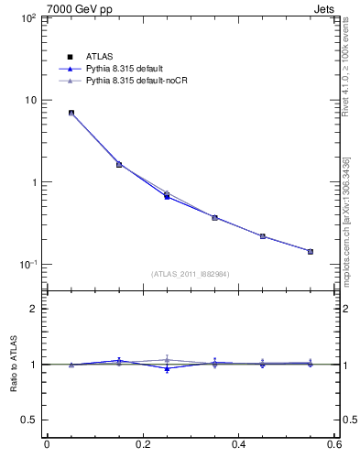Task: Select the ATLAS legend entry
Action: (100, 58)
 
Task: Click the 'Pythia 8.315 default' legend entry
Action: (125, 70)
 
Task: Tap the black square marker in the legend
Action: (71, 58)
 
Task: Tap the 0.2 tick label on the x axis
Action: (142, 445)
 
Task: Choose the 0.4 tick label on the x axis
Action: (239, 445)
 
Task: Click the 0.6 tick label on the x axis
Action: (334, 445)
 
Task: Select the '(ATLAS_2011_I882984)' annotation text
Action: (191, 274)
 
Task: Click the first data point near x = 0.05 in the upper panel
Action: (71, 113)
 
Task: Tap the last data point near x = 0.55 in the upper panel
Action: (310, 251)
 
